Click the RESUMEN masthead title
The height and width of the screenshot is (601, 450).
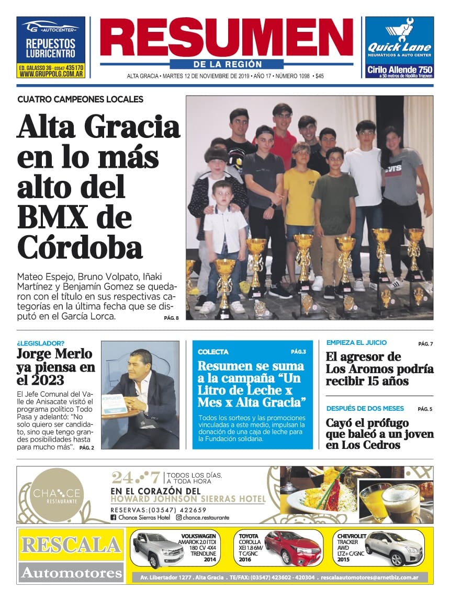tap(225, 38)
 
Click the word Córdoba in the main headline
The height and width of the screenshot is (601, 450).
tap(80, 247)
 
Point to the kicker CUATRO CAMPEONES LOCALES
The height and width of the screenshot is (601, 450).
tap(80, 99)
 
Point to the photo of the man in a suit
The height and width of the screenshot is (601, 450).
tap(140, 395)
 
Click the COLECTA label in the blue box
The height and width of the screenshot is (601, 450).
tap(213, 352)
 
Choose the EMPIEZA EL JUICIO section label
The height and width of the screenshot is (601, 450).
tap(356, 343)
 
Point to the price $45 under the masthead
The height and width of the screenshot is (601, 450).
tap(320, 76)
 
